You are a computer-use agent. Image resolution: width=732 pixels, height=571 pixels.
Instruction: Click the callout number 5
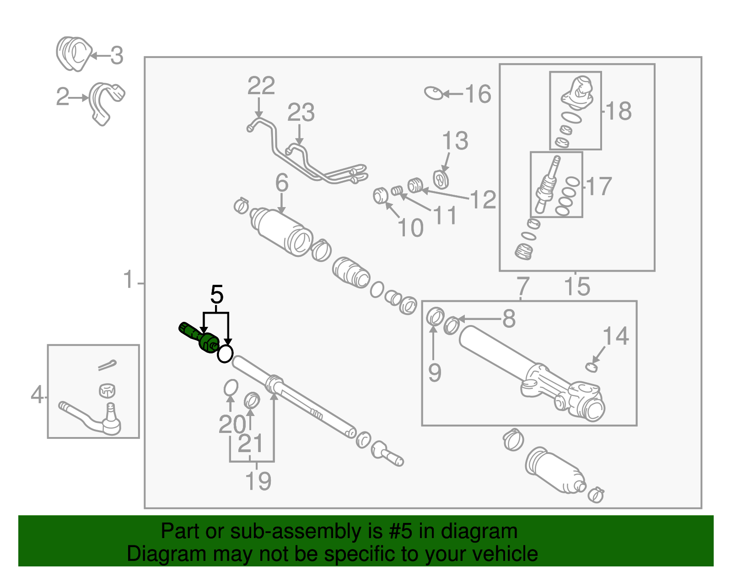(x=217, y=295)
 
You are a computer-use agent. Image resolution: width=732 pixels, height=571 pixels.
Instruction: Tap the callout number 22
(x=261, y=86)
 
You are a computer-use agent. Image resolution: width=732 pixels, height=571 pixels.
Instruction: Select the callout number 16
(x=478, y=94)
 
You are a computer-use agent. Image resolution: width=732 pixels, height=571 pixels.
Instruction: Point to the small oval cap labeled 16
(x=434, y=93)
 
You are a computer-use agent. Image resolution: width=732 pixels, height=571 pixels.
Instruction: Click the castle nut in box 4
(x=107, y=390)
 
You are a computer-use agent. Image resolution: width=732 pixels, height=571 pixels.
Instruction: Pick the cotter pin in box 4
(x=107, y=365)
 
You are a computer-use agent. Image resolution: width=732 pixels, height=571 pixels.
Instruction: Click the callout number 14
(x=616, y=336)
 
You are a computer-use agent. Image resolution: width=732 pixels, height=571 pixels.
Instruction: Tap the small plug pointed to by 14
(x=592, y=367)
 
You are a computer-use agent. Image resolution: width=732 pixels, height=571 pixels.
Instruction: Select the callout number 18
(x=619, y=111)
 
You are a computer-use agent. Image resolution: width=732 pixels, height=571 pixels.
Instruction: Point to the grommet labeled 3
(x=73, y=54)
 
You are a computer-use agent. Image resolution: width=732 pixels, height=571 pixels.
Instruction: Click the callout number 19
(x=258, y=481)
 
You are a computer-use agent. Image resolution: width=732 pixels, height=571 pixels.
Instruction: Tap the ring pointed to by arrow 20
(x=231, y=388)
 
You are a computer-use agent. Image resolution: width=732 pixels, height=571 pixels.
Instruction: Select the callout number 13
(x=455, y=141)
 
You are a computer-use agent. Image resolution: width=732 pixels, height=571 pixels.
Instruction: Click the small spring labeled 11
(x=397, y=191)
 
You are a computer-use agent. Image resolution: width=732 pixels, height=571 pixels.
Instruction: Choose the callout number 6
(x=282, y=183)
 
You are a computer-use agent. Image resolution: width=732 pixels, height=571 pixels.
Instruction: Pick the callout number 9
(x=435, y=373)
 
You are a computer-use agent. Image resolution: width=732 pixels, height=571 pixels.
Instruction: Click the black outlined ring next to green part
(x=225, y=353)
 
